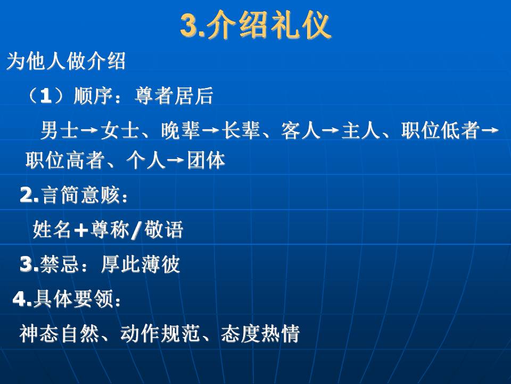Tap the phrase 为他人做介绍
(x=66, y=61)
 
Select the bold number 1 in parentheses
(x=46, y=96)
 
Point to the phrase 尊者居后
(x=174, y=96)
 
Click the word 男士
(x=59, y=130)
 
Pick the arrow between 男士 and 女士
(x=89, y=130)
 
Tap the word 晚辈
(x=180, y=130)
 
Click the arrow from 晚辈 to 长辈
(x=211, y=130)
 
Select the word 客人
(x=301, y=130)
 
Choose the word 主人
(x=361, y=130)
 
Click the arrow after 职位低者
(x=490, y=130)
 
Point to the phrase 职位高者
(x=65, y=161)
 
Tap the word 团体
(x=206, y=161)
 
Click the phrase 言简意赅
(x=80, y=195)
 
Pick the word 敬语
(x=163, y=229)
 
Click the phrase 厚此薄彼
(x=141, y=264)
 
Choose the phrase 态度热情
(x=260, y=333)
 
